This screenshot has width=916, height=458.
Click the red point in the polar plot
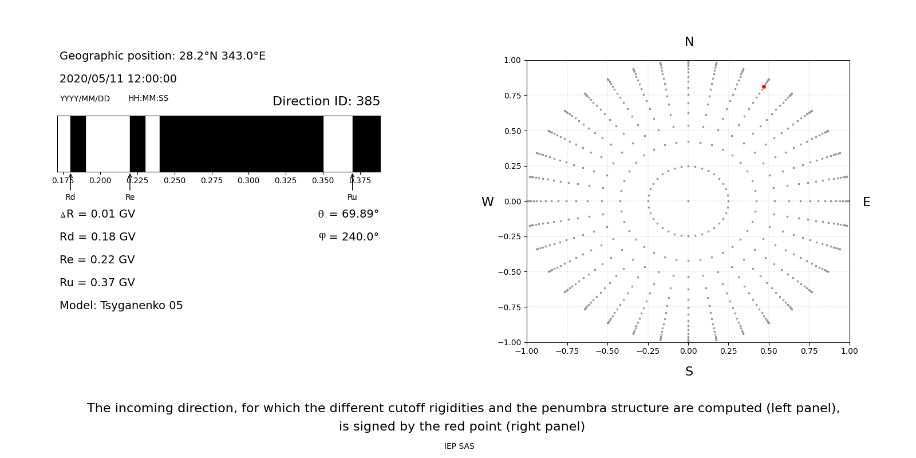(x=764, y=87)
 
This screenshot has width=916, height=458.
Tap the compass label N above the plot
(x=689, y=42)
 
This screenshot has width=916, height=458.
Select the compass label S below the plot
(x=689, y=372)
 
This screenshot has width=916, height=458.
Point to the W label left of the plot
(x=487, y=202)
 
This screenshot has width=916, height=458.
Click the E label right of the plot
(x=866, y=202)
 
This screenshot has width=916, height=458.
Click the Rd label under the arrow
(x=70, y=198)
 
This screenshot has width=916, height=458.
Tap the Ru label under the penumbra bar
(x=352, y=198)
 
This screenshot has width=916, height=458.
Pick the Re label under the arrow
(x=130, y=198)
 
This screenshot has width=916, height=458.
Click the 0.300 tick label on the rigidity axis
(x=248, y=181)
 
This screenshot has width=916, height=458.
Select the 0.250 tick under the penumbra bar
(x=175, y=181)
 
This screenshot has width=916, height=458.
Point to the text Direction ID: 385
(x=326, y=101)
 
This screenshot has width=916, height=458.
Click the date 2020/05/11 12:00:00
(x=118, y=79)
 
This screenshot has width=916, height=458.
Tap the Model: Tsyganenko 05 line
(x=121, y=306)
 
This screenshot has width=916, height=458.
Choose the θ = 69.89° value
(x=348, y=214)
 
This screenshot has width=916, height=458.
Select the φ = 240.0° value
(x=348, y=237)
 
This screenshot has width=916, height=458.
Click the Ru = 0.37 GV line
(x=97, y=283)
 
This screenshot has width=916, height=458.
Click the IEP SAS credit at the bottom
(x=459, y=447)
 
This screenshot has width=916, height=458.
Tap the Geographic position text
(x=163, y=56)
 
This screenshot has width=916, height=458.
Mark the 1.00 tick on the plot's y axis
(x=512, y=61)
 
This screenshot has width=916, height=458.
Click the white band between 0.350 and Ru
(x=338, y=144)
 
